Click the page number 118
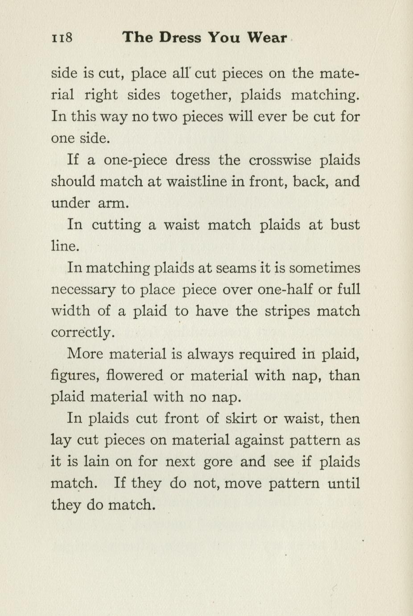(x=62, y=37)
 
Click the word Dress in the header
(x=180, y=37)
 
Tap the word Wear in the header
(x=267, y=37)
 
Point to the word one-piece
(x=135, y=160)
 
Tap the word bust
(x=345, y=224)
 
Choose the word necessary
(x=84, y=290)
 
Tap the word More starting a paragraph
(x=84, y=354)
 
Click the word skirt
(x=241, y=418)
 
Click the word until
(x=344, y=483)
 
